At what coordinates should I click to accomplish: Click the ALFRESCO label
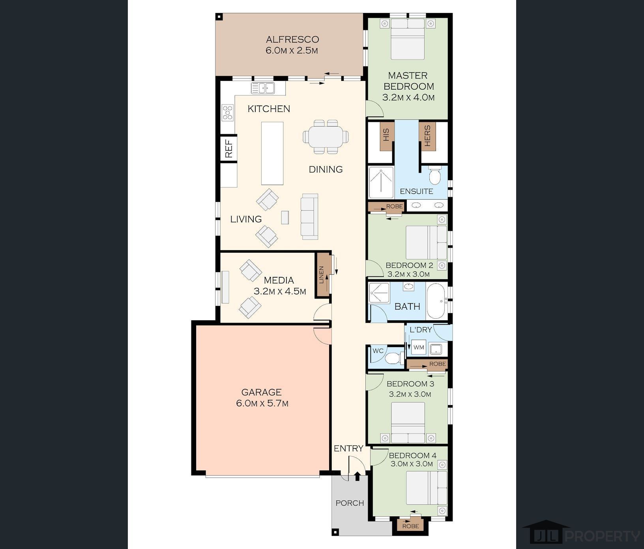tap(292, 39)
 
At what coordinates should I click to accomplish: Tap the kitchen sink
tap(263, 88)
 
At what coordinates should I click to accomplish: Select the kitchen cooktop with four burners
tap(228, 112)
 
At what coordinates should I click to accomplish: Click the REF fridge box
tap(229, 149)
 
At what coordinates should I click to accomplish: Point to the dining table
tap(326, 137)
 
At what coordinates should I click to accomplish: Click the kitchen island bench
tap(272, 153)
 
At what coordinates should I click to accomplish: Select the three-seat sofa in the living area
tap(309, 217)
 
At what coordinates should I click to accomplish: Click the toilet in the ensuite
tap(434, 176)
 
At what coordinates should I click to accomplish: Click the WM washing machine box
tap(418, 347)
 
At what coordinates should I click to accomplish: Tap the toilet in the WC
tap(393, 358)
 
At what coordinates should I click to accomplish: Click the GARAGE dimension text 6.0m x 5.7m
tap(262, 403)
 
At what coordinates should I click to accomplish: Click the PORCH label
tap(350, 503)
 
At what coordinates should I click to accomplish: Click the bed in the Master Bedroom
tap(408, 39)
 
